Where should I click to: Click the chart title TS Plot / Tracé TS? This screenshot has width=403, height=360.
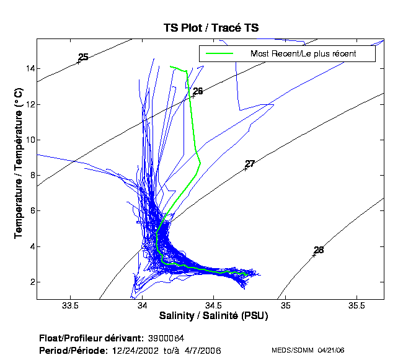pyautogui.click(x=211, y=27)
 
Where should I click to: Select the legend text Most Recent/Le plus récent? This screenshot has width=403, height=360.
pyautogui.click(x=303, y=53)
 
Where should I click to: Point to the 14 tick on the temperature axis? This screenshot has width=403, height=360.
pyautogui.click(x=29, y=68)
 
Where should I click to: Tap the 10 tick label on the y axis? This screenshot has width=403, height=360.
pyautogui.click(x=29, y=140)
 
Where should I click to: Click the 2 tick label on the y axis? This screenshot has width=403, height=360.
pyautogui.click(x=30, y=282)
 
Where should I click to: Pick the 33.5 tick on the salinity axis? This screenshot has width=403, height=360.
pyautogui.click(x=71, y=306)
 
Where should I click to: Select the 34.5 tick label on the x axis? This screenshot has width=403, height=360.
pyautogui.click(x=214, y=306)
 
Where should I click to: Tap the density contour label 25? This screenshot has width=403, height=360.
pyautogui.click(x=83, y=57)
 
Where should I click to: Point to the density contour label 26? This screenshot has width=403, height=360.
pyautogui.click(x=198, y=91)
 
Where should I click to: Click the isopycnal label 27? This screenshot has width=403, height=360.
pyautogui.click(x=250, y=164)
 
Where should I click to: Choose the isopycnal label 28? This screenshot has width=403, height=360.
pyautogui.click(x=319, y=250)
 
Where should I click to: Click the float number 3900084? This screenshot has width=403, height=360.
pyautogui.click(x=166, y=339)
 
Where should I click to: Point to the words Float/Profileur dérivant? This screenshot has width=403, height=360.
pyautogui.click(x=91, y=339)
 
